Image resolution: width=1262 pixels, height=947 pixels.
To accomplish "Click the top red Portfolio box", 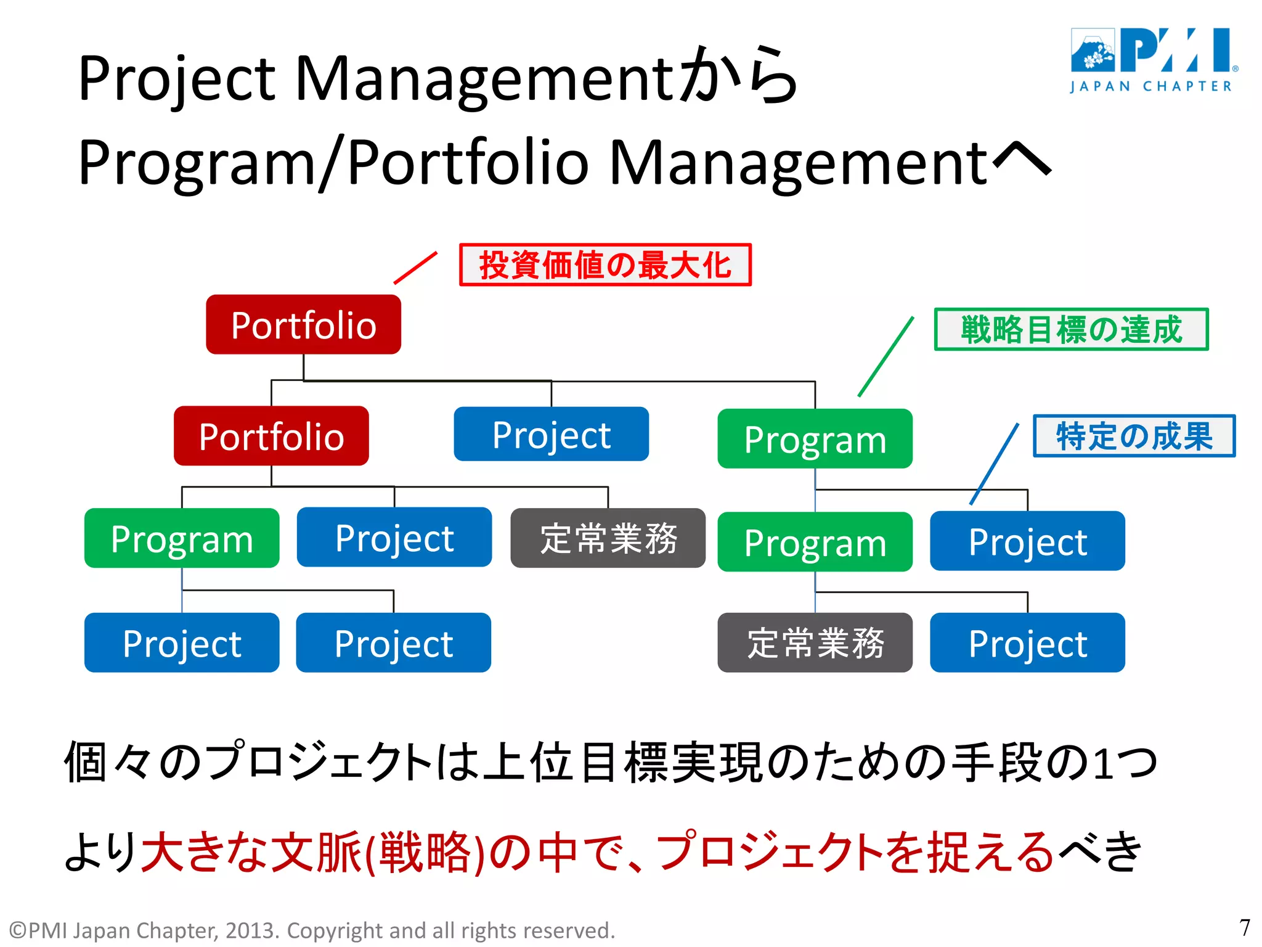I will tap(303, 324).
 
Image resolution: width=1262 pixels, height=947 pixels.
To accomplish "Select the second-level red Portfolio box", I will tap(271, 436).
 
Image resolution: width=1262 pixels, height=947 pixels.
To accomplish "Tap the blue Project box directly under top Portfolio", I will tap(551, 434).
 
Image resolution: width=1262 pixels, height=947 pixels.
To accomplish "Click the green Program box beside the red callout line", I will tap(815, 438).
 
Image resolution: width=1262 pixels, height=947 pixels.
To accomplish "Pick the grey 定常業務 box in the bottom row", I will tap(815, 642).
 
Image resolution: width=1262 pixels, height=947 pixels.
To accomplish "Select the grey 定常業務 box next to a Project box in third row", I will tap(608, 538).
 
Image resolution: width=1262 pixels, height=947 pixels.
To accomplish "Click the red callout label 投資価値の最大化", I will tap(605, 265).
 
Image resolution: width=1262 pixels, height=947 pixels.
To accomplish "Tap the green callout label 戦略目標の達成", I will tap(1071, 329).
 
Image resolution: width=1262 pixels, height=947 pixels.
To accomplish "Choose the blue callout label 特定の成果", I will tap(1134, 436).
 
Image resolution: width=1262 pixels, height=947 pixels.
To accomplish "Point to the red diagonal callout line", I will tap(415, 268).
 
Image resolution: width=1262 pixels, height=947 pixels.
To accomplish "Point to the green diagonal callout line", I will tap(886, 356).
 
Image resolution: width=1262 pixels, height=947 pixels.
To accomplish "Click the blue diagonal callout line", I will tap(994, 464).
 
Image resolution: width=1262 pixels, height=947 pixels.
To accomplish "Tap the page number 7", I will tap(1244, 927).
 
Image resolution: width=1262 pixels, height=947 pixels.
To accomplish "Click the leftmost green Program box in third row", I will tap(182, 538).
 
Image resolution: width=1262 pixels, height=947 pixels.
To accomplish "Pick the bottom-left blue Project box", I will tap(182, 642).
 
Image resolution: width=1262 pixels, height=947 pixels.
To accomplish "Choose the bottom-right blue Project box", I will tap(1027, 642).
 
